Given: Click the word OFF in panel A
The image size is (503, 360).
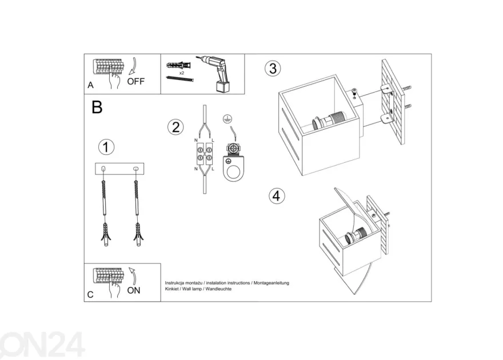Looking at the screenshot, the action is click(x=135, y=81).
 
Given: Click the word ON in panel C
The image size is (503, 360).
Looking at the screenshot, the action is click(x=134, y=290).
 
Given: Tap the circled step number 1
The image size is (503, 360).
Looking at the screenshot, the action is click(x=106, y=147).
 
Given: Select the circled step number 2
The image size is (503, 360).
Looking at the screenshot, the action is click(x=176, y=127).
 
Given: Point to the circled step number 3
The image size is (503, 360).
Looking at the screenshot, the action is click(x=273, y=69).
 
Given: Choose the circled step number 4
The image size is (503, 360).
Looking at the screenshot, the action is click(x=277, y=196).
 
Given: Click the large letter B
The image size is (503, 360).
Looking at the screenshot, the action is click(x=97, y=107).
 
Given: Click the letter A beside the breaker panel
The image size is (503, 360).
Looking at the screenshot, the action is click(x=90, y=85).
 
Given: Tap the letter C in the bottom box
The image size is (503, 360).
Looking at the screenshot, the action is click(x=90, y=295).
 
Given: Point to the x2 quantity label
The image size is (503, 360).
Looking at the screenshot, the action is click(x=182, y=73).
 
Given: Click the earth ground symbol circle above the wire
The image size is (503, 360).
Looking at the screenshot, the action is click(x=227, y=119).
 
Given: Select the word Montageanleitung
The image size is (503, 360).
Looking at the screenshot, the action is click(x=272, y=283).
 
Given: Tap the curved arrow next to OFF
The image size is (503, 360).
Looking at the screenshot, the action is click(x=133, y=66).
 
